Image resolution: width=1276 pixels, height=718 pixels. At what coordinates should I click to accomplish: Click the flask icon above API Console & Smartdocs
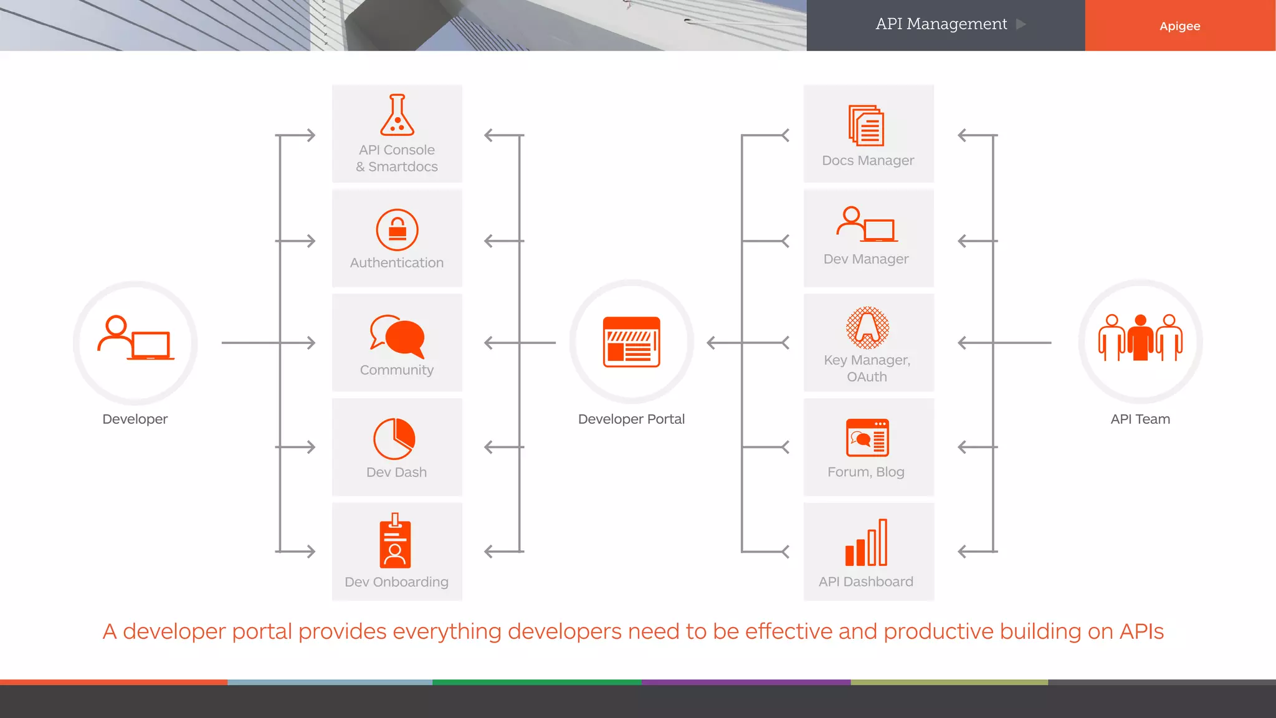pyautogui.click(x=397, y=115)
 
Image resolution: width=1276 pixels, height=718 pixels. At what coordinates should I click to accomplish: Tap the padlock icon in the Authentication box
pyautogui.click(x=397, y=230)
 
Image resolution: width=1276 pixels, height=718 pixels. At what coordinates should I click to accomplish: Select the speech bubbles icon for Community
pyautogui.click(x=397, y=336)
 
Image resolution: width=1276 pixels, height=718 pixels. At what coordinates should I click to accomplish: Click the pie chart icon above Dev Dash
pyautogui.click(x=394, y=439)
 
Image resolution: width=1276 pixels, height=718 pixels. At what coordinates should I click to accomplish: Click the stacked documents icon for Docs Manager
pyautogui.click(x=866, y=125)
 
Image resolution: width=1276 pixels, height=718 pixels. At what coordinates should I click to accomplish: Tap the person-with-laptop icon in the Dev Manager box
pyautogui.click(x=866, y=224)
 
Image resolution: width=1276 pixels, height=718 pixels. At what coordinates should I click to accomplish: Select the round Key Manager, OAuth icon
pyautogui.click(x=867, y=328)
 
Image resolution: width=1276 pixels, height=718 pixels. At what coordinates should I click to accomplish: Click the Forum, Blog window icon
pyautogui.click(x=867, y=438)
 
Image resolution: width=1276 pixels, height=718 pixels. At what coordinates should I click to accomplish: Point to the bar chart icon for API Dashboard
pyautogui.click(x=866, y=542)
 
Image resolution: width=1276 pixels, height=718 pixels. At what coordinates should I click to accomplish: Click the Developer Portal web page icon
pyautogui.click(x=631, y=342)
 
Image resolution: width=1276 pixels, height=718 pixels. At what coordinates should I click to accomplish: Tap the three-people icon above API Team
pyautogui.click(x=1140, y=337)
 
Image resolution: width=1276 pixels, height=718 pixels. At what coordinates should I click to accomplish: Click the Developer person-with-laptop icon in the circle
pyautogui.click(x=136, y=338)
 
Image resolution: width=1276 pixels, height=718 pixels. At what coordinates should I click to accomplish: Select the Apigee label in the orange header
pyautogui.click(x=1179, y=26)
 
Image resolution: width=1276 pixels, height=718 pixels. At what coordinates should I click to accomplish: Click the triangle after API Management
pyautogui.click(x=1021, y=24)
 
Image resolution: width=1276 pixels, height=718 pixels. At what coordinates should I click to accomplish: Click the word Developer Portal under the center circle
pyautogui.click(x=631, y=419)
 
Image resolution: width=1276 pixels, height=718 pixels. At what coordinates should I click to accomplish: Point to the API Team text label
pyautogui.click(x=1140, y=419)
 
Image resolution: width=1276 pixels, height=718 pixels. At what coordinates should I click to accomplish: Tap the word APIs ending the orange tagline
pyautogui.click(x=1141, y=631)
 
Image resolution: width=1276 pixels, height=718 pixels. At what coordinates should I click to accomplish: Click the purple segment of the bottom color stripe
pyautogui.click(x=746, y=682)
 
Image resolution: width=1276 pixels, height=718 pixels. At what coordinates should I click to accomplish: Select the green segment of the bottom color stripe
pyautogui.click(x=537, y=682)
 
